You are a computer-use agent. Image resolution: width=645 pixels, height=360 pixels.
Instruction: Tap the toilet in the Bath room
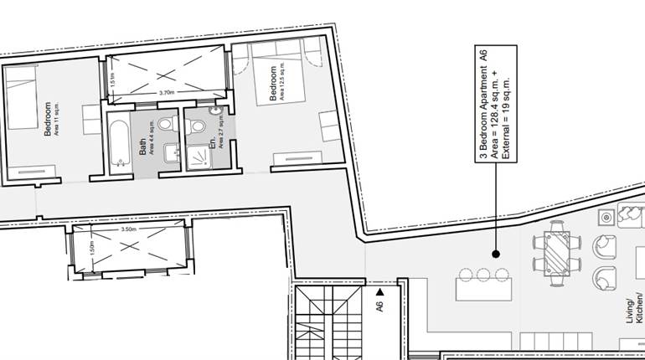tap(164, 125)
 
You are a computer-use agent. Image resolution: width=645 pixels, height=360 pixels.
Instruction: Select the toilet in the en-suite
tap(198, 126)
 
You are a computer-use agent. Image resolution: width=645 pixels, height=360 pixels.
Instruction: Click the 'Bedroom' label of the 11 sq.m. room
tap(49, 119)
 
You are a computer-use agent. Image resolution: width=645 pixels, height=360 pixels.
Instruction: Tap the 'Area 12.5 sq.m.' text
tap(282, 85)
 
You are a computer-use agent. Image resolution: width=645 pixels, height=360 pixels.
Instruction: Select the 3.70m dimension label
tap(165, 92)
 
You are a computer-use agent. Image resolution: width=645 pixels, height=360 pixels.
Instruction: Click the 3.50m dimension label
tap(128, 229)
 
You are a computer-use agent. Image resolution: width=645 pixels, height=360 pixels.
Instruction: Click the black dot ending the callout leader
tap(495, 253)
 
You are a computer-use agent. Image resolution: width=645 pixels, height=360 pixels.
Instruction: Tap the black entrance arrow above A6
tap(379, 291)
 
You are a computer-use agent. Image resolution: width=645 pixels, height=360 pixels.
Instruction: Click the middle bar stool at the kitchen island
tap(482, 274)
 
